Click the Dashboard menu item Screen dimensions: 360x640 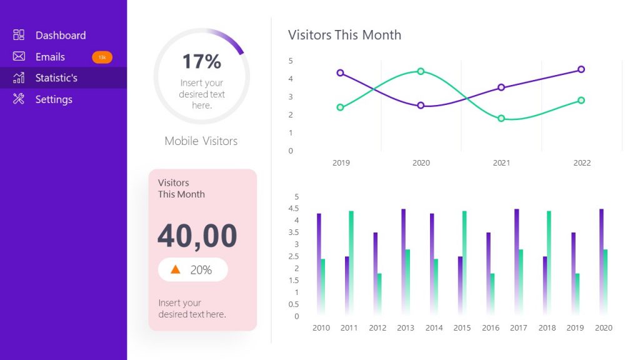pos(60,36)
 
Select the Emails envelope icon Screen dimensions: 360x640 pos(19,57)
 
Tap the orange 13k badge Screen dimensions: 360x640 pos(102,57)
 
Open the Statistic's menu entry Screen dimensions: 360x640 pos(56,78)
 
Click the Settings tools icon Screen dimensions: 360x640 pos(19,99)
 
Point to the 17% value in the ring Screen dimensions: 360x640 pos(201,61)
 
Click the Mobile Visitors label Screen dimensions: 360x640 pos(201,141)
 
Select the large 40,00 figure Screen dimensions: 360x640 pos(197,236)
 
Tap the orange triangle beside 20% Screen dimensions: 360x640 pos(176,269)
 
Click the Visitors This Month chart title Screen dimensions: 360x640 pos(344,35)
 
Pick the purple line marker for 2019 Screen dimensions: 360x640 pos(340,73)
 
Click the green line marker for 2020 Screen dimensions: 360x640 pos(421,71)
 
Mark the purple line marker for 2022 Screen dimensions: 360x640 pos(581,69)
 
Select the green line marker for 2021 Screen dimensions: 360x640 pos(501,118)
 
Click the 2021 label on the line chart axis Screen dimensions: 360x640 pos(501,163)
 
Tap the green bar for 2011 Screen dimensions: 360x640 pos(351,262)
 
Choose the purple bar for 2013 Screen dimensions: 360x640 pos(403,261)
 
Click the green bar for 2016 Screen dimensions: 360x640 pos(492,294)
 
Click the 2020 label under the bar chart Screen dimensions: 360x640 pos(603,328)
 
